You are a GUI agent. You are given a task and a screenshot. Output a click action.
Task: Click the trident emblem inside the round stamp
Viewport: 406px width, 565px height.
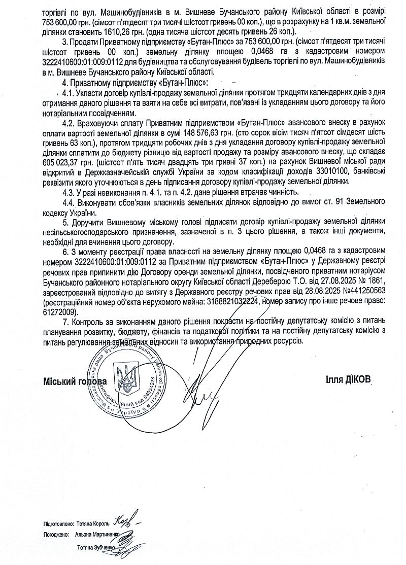(x=126, y=379)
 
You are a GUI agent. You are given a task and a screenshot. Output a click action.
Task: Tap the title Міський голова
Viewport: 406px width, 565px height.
(x=75, y=381)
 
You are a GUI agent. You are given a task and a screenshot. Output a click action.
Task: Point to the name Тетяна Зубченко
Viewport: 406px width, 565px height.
(x=97, y=548)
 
